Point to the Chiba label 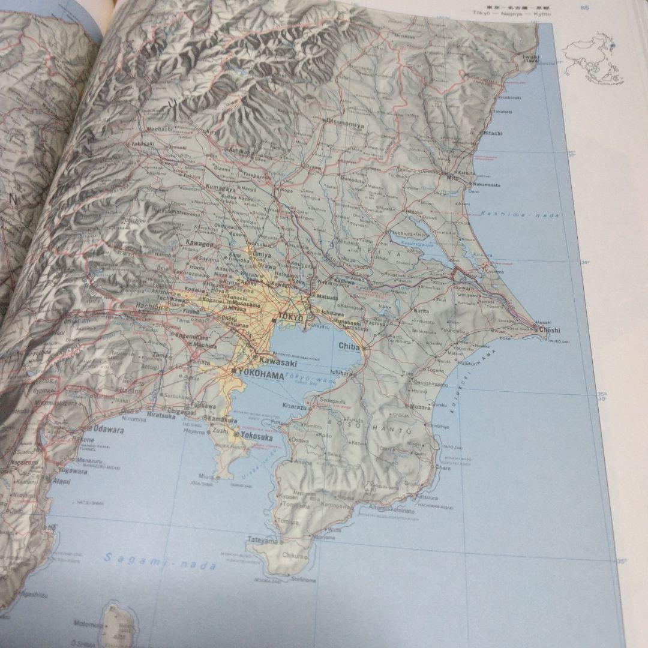[x=349, y=346]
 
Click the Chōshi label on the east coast [x=548, y=330]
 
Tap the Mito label [x=453, y=178]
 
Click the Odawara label [x=109, y=430]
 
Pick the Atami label [x=59, y=481]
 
